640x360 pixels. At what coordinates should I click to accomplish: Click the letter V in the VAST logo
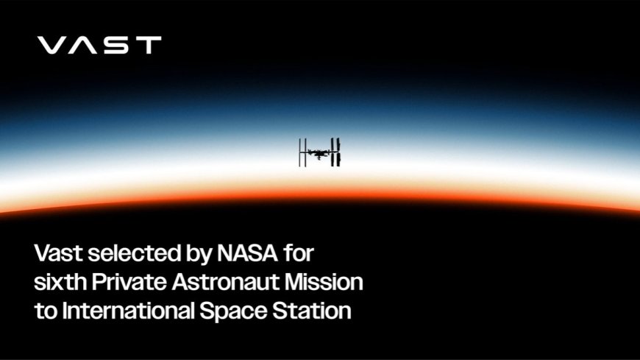[52, 46]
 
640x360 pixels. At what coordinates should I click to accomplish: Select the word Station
[314, 310]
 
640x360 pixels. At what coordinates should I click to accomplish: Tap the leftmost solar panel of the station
[300, 152]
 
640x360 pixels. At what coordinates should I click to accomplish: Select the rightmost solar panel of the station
[339, 152]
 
